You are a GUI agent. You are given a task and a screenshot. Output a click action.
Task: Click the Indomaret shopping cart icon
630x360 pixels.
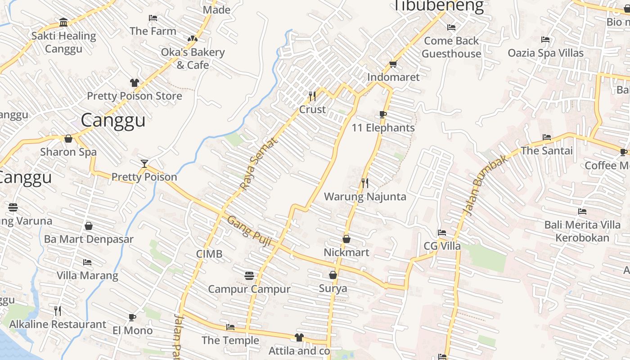coord(393,64)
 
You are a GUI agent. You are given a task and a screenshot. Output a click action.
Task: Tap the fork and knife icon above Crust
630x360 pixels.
coord(312,96)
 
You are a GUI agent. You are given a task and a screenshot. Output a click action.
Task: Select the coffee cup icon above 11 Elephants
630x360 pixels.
coord(382,115)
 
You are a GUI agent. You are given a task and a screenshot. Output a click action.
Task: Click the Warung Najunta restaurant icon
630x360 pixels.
coord(365,183)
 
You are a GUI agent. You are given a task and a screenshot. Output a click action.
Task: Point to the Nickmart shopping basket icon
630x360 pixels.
coord(346,239)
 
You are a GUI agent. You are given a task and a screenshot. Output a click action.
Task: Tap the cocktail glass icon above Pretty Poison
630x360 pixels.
coord(144,163)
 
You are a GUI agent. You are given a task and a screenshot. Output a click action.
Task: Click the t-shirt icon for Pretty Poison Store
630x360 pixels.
coord(134,83)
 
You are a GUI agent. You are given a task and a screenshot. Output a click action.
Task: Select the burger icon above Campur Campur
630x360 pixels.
coord(249,275)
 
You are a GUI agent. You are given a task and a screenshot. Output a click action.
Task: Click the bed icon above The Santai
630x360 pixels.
coord(546,137)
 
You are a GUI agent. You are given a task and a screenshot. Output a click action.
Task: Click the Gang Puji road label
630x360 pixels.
coord(249,231)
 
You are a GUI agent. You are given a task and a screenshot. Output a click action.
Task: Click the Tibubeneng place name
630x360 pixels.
coord(439,6)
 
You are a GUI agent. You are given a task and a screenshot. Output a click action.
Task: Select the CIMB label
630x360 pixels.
coord(209,254)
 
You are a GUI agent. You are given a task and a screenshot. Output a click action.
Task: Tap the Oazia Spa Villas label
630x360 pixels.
coord(545,53)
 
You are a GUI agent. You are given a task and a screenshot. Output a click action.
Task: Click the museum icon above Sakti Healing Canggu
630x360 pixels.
coord(63,22)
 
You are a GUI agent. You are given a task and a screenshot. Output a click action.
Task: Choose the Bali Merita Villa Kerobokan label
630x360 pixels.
coord(582,231)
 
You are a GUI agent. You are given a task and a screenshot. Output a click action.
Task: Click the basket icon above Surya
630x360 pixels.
coord(333,274)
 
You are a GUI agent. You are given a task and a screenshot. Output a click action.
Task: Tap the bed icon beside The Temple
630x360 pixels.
coord(230,327)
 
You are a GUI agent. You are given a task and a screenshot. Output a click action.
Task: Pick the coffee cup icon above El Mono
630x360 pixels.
coord(132,317)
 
